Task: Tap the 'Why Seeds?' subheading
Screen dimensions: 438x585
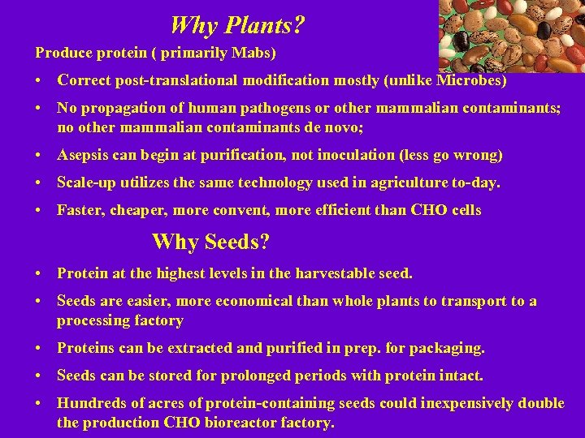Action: pyautogui.click(x=210, y=242)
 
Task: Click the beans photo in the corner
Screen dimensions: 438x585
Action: pyautogui.click(x=511, y=36)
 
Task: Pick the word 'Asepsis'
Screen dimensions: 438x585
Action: pyautogui.click(x=82, y=155)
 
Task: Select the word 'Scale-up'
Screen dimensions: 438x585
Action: pyautogui.click(x=85, y=182)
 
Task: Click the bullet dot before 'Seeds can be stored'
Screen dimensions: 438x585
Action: pyautogui.click(x=39, y=376)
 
